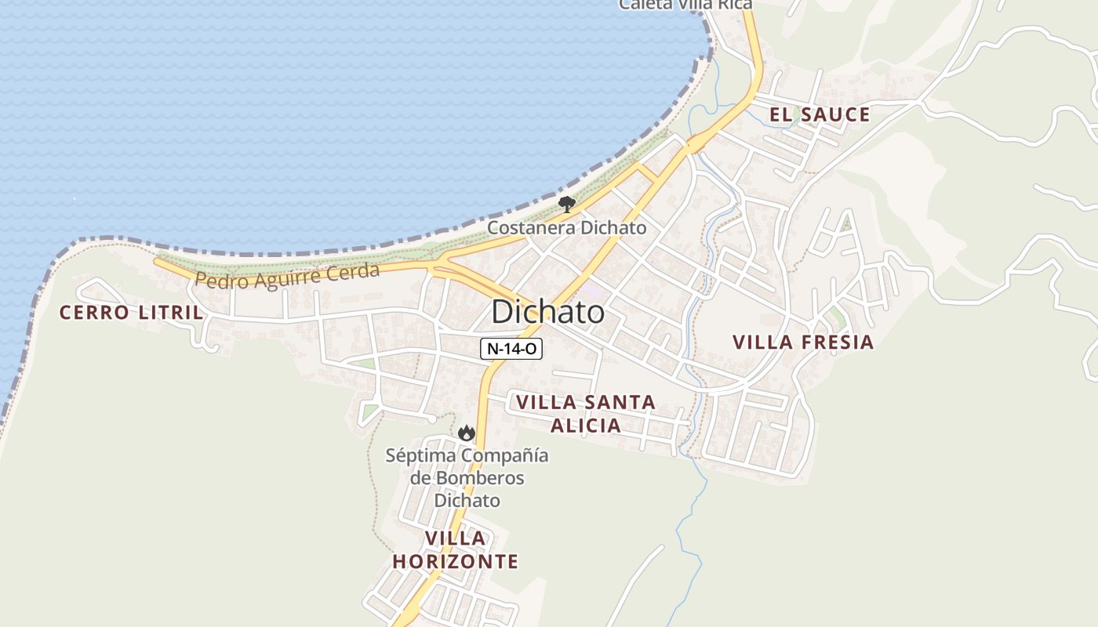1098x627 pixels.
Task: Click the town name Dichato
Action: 547,312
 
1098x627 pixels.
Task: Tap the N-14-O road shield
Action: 511,349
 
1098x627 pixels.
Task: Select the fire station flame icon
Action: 467,433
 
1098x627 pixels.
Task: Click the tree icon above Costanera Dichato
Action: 566,205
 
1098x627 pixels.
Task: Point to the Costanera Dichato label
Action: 566,228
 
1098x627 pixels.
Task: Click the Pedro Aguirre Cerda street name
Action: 287,276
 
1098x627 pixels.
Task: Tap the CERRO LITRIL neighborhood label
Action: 131,313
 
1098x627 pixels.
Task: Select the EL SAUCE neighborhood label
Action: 820,115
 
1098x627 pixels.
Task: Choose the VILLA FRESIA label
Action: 803,342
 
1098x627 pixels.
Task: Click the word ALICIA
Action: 585,426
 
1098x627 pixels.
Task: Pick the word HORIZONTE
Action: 456,561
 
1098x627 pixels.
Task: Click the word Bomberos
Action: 467,478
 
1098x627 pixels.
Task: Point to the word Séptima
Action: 420,455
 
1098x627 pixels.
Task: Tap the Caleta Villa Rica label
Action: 685,5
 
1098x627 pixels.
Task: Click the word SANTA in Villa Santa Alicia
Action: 623,403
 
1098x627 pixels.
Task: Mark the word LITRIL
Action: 170,313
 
